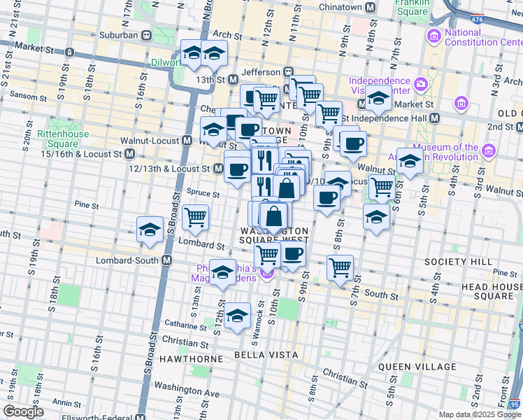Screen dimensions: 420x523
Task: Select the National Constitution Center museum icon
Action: [434, 36]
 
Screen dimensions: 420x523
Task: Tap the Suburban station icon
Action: [147, 36]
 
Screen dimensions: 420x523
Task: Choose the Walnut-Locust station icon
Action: [187, 140]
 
